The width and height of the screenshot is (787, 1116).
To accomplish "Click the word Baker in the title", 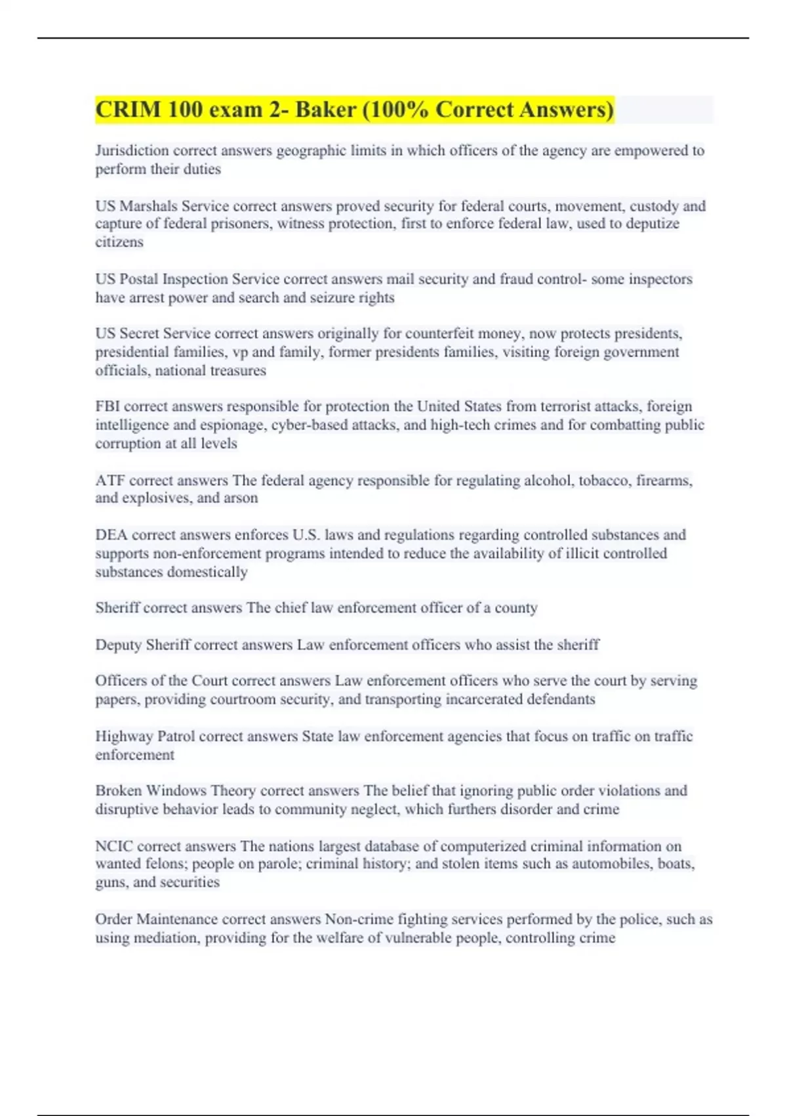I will click(323, 110).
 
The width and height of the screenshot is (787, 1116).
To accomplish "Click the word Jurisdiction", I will click(132, 151).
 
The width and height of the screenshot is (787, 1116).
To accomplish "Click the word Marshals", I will click(148, 206).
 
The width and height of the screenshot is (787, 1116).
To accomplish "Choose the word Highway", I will click(125, 737).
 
